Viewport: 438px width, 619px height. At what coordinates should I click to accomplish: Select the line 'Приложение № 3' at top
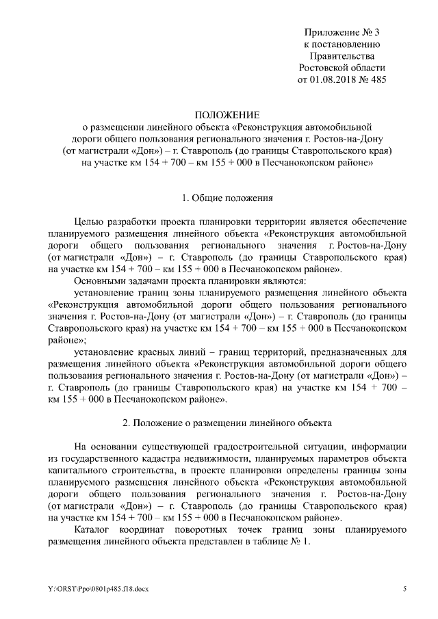(x=342, y=31)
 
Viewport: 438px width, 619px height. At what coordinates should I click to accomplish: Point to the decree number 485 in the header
(x=376, y=80)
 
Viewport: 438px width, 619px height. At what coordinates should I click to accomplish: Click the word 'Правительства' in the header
(x=342, y=55)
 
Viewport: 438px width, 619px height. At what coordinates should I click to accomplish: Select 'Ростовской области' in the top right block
(x=342, y=68)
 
